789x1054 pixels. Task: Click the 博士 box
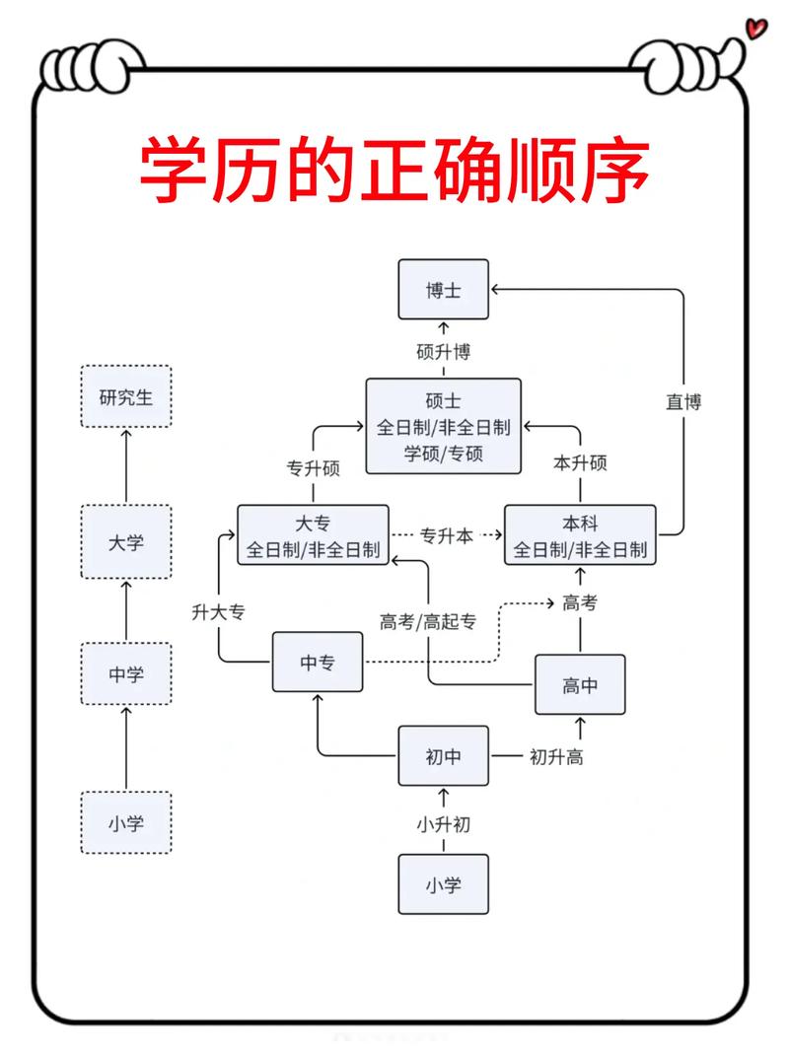[x=443, y=290]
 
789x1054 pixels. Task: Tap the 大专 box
[x=313, y=535]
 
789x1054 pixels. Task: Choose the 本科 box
[x=580, y=535]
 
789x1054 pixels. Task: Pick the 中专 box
[x=318, y=663]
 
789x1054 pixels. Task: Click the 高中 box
[x=580, y=684]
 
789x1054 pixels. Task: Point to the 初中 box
[x=443, y=756]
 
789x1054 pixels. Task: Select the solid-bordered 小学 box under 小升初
[x=443, y=884]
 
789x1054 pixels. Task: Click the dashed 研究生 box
[x=125, y=396]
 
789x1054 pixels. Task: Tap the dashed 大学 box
[x=125, y=542]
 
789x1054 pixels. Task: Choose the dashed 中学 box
[x=125, y=675]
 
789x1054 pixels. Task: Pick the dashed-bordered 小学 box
[x=125, y=822]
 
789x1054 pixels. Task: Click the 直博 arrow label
[x=682, y=401]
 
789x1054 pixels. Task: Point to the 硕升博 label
[x=443, y=351]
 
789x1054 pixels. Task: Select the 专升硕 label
[x=313, y=468]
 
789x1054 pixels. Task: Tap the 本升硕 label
[x=580, y=463]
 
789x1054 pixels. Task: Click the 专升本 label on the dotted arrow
[x=447, y=535]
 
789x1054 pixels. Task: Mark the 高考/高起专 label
[x=428, y=621]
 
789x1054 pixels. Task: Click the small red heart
[x=756, y=28]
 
